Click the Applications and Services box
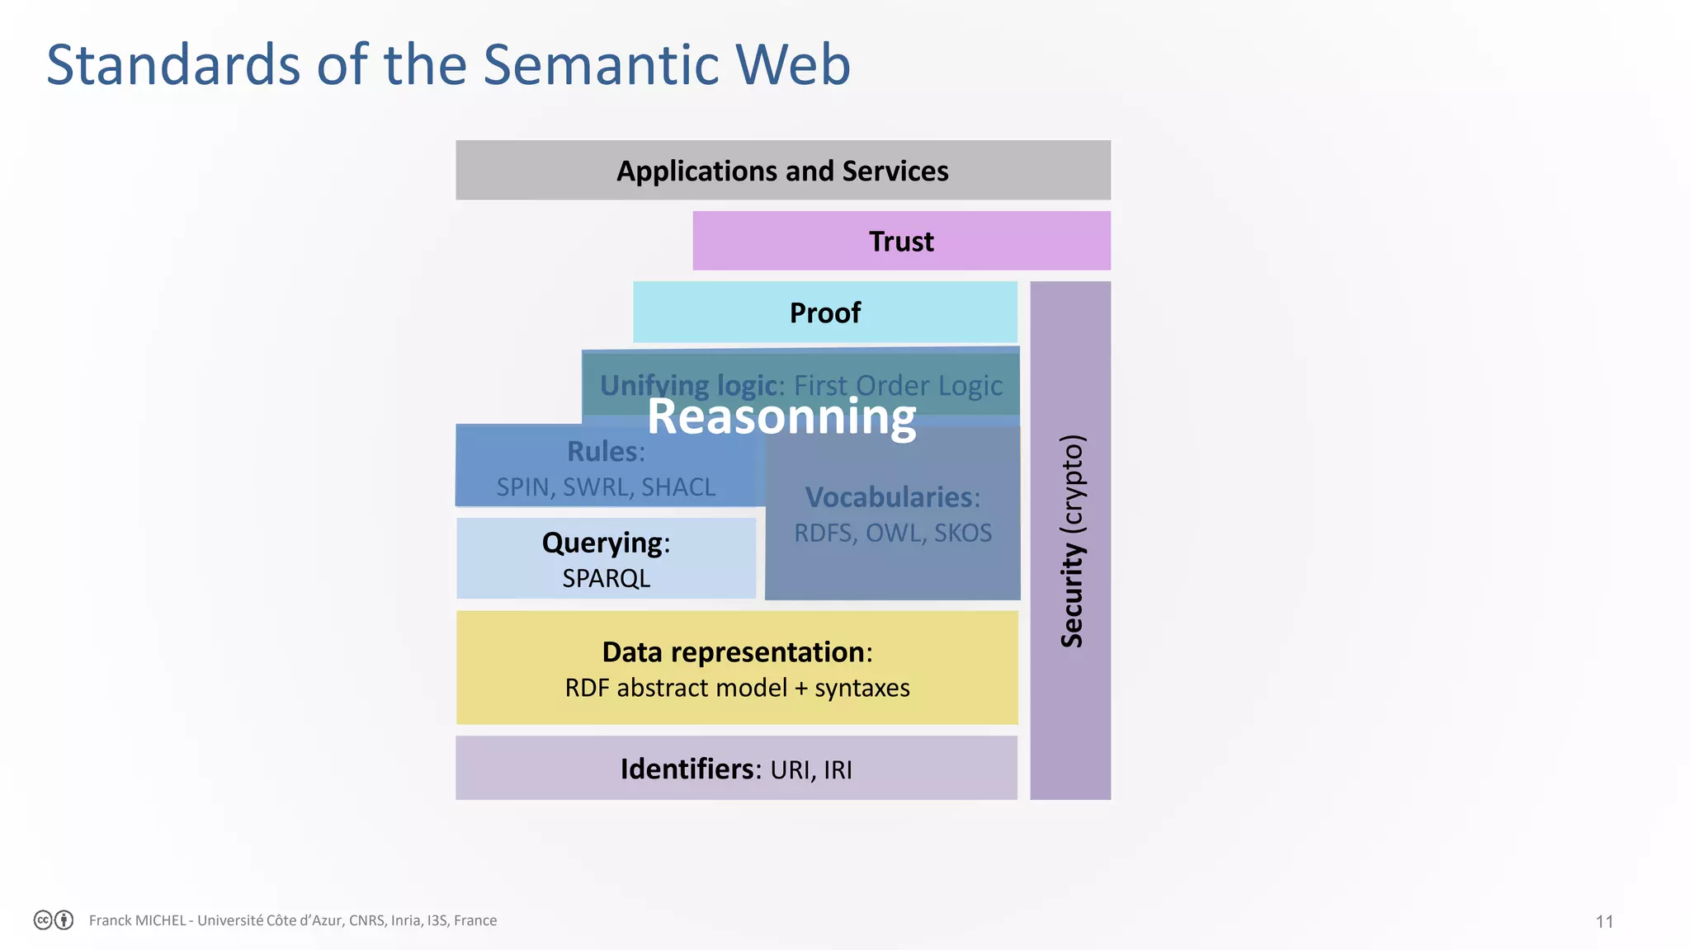coord(782,171)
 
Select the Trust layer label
coord(901,242)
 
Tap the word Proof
coord(824,313)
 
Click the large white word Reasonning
coord(781,417)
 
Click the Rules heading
coord(605,452)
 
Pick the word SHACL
coord(678,487)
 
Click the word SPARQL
coord(606,579)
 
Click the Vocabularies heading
coord(890,497)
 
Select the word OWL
coord(895,534)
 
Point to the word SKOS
coord(962,534)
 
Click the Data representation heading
coord(734,652)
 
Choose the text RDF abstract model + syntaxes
coord(737,688)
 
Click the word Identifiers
coord(687,769)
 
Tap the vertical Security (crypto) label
coord(1072,540)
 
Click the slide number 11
coord(1604,921)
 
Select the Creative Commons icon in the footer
coord(44,920)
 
